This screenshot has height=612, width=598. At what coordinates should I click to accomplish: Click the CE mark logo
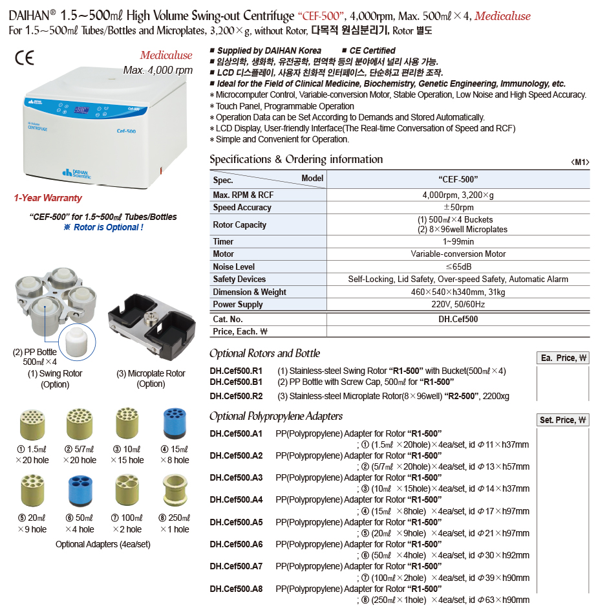tap(24, 58)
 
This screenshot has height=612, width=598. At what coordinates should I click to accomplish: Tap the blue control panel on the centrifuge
tap(87, 107)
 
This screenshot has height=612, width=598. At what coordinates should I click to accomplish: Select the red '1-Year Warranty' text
tap(48, 198)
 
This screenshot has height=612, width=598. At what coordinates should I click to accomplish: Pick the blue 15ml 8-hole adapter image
tap(175, 424)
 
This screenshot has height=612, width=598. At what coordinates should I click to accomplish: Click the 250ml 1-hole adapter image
tap(175, 490)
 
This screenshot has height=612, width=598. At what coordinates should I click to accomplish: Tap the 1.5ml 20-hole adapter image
tap(31, 424)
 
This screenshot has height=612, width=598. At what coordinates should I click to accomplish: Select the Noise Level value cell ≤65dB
tap(458, 267)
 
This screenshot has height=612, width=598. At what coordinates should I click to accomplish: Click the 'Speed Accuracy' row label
tap(242, 208)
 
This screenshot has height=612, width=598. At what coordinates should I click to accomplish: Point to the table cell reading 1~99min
tap(458, 241)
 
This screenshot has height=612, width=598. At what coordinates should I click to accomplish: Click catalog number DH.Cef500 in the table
tap(458, 319)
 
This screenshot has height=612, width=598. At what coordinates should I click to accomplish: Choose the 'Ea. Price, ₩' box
tap(563, 358)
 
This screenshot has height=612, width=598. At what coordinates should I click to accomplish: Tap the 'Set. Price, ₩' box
tap(563, 420)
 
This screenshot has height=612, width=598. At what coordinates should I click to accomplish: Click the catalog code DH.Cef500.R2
tap(236, 395)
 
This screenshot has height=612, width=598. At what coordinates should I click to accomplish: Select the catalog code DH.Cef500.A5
tap(236, 522)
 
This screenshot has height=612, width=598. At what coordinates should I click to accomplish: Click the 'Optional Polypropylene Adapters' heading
tap(276, 416)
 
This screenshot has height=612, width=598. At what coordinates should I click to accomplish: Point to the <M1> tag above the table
tap(580, 162)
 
